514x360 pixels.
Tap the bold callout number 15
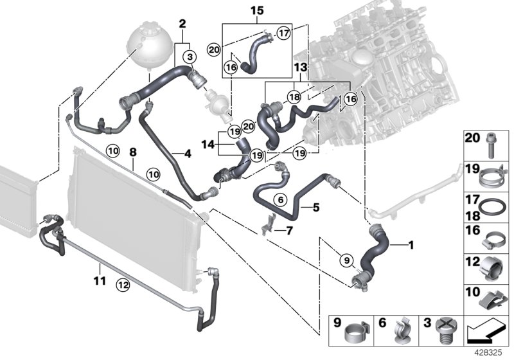click(257, 11)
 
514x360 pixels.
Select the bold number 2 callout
click(182, 24)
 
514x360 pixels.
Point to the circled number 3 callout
click(190, 57)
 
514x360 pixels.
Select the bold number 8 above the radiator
click(133, 153)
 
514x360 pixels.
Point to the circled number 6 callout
click(280, 200)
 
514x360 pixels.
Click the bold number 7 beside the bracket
click(289, 230)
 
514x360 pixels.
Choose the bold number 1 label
click(411, 244)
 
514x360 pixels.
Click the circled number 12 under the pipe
click(121, 281)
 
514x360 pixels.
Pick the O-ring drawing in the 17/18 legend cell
click(492, 208)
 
